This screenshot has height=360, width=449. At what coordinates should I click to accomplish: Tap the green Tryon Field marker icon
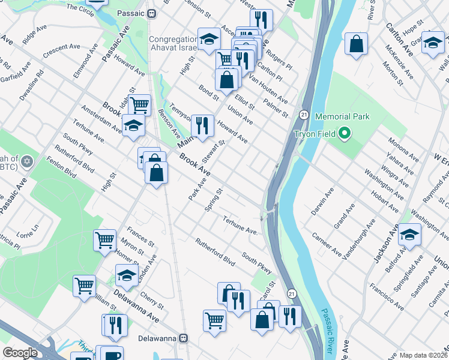coord(344,133)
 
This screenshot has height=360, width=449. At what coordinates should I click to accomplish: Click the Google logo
coord(20,353)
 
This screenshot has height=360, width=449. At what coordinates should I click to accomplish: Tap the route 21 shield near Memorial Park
coord(304,114)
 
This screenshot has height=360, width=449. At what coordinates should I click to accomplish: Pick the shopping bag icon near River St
coord(357,43)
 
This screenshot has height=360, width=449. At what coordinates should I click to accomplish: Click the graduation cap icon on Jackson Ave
coord(410,233)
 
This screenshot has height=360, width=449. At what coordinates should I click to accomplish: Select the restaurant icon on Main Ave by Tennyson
coord(202,125)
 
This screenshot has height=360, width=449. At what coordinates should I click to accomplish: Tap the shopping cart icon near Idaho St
coord(139,104)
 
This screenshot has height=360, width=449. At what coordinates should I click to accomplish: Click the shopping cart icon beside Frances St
coord(105,240)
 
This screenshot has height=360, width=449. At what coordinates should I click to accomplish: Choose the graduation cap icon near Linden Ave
coord(127,275)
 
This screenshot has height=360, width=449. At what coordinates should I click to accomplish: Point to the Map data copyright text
coord(423,355)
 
